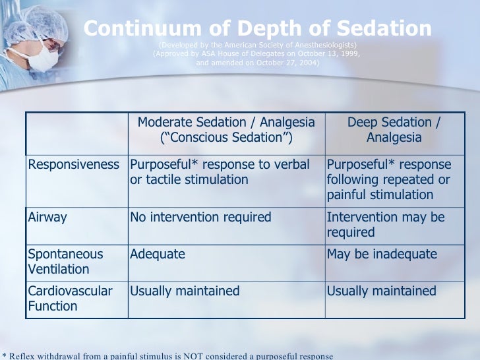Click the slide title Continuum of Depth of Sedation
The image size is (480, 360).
(258, 28)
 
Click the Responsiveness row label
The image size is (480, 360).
(74, 164)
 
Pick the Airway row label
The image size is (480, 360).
(47, 217)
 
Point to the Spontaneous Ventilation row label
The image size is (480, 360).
(65, 262)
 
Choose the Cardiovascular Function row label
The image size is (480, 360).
(70, 298)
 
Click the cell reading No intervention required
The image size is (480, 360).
(200, 217)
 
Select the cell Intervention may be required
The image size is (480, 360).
(386, 224)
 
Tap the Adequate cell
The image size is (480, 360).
(158, 254)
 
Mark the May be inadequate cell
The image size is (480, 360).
(382, 254)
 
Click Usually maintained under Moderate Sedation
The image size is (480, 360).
(185, 291)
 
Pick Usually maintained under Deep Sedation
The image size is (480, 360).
(382, 291)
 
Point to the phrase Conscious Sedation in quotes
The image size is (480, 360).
(226, 138)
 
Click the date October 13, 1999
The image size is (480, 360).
(327, 54)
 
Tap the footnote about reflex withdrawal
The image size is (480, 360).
(167, 355)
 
